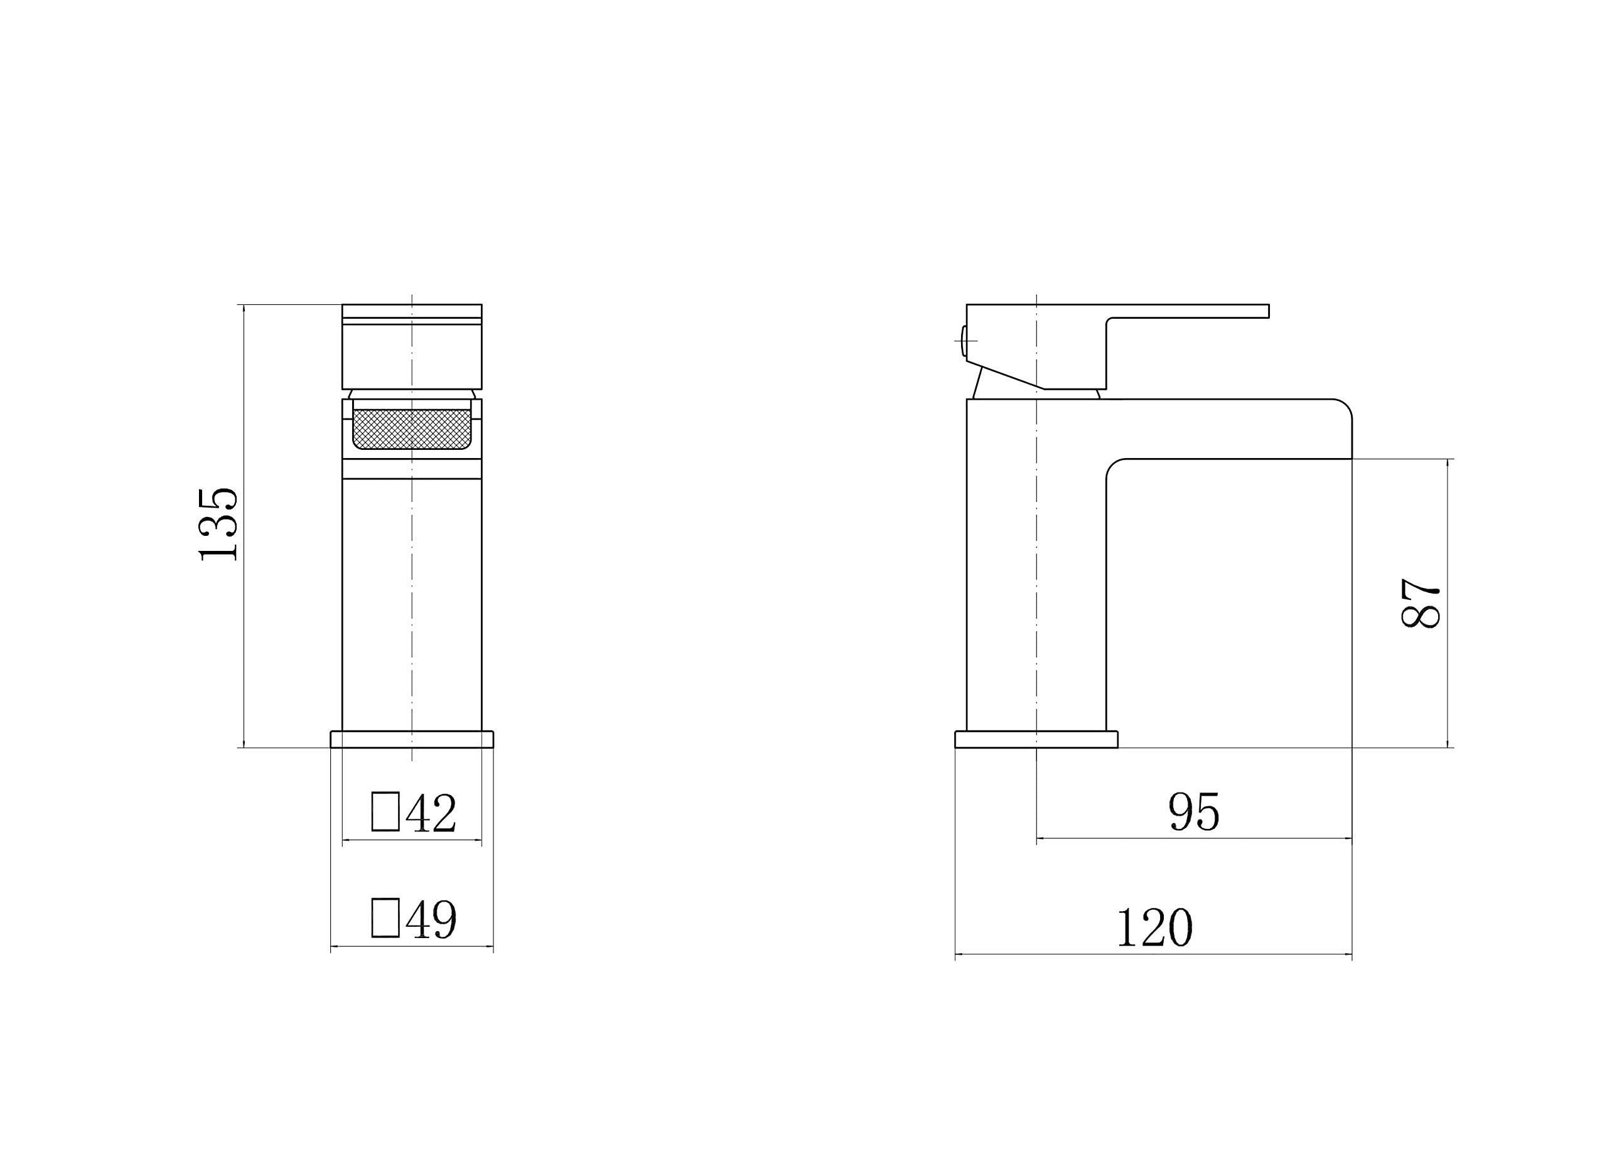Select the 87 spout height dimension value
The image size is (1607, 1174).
point(1420,602)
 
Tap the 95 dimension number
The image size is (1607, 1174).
point(1194,811)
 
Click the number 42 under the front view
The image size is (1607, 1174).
point(431,813)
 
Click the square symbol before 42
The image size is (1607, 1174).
point(385,811)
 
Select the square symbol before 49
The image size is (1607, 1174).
point(385,918)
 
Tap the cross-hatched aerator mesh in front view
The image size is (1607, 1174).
point(412,429)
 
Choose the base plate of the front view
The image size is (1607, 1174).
point(412,739)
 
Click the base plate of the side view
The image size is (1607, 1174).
point(1036,739)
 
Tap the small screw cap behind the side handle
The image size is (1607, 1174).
point(964,341)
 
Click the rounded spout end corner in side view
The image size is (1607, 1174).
point(1343,408)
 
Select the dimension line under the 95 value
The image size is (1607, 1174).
point(1194,838)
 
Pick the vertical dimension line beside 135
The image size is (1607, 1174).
point(244,639)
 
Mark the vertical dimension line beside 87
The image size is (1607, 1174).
point(1448,675)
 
